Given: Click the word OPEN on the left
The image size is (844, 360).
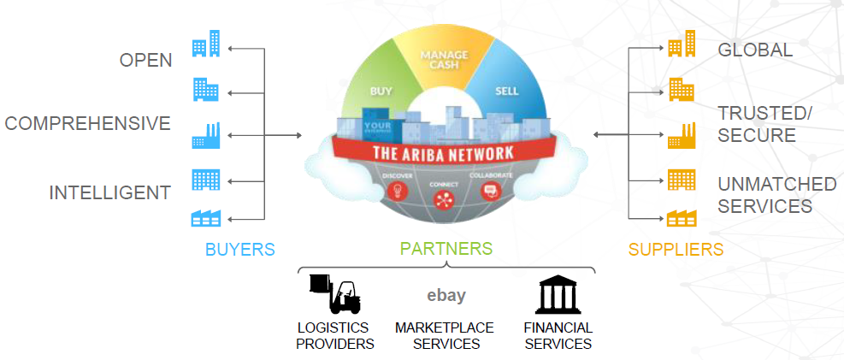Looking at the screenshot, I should [x=145, y=60].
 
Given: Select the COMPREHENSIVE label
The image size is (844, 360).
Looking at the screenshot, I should [x=88, y=123].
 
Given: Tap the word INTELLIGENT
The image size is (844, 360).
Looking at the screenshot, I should [x=109, y=192].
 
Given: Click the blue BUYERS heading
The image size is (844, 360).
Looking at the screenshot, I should [x=239, y=250].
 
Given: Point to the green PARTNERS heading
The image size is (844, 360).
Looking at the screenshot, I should [x=446, y=249].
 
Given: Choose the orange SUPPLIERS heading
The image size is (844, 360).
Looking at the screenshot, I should [x=676, y=250].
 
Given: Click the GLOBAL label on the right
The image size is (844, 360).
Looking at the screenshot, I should [x=755, y=50].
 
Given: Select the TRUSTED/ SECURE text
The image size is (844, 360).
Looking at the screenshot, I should [x=764, y=124].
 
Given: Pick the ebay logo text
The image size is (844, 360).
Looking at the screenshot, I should [x=446, y=296].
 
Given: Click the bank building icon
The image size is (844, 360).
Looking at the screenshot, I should [x=558, y=295].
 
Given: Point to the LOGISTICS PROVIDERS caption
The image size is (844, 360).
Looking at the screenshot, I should [x=335, y=336].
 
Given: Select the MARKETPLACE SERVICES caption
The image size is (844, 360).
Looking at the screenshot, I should [x=446, y=336].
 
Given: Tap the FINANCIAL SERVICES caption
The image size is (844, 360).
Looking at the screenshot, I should [x=558, y=336].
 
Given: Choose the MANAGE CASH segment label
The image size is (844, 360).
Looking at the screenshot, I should [x=445, y=62].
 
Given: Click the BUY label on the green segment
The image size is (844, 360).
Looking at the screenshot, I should [x=381, y=90].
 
